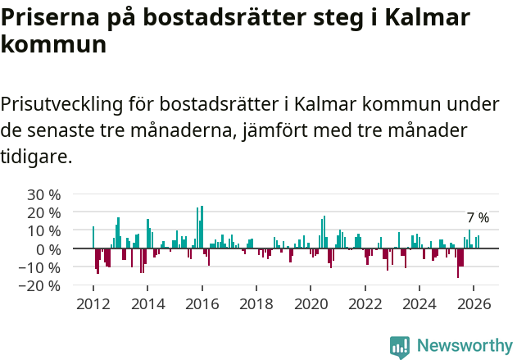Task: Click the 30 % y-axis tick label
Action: [x=44, y=195]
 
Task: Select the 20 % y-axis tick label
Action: [x=44, y=213]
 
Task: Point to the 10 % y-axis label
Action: [x=44, y=231]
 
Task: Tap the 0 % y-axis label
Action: [x=48, y=249]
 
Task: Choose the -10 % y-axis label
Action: [x=42, y=267]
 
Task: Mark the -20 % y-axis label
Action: [x=42, y=285]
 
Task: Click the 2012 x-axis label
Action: [x=93, y=304]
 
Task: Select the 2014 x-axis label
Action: [x=147, y=304]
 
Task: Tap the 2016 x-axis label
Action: [x=202, y=304]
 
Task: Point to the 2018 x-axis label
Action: [x=256, y=304]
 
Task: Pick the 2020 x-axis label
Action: [x=311, y=304]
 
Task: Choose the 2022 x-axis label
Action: [x=365, y=304]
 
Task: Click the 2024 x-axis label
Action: [x=419, y=304]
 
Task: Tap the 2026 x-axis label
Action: [x=473, y=304]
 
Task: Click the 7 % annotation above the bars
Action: [x=478, y=218]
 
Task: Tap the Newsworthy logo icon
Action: [x=400, y=346]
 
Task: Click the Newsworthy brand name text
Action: [x=464, y=346]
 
